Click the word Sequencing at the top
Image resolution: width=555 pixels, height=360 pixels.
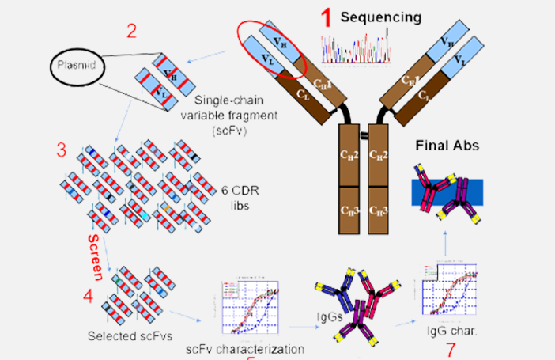coord(381,17)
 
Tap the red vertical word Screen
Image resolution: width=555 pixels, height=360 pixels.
coord(94,256)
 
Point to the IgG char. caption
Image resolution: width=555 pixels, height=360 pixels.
coord(451,333)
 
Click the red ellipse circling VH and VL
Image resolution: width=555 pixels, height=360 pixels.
coord(271,50)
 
